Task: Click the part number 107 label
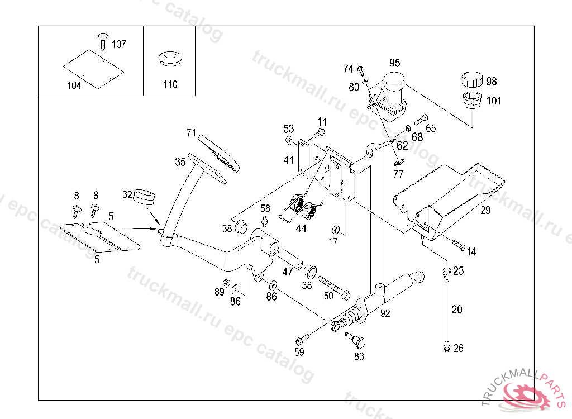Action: pos(119,44)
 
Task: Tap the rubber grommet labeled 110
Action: pos(170,59)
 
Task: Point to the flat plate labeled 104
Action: pos(92,68)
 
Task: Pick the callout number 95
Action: pos(395,63)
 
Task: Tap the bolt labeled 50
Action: pos(333,285)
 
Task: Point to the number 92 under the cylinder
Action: pos(385,313)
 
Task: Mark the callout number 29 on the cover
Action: pos(486,210)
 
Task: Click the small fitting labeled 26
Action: pos(446,349)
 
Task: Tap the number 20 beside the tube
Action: pos(457,310)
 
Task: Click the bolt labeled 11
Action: pos(320,133)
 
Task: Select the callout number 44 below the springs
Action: pos(301,228)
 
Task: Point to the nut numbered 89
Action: pos(226,282)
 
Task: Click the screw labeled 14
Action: pos(458,245)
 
